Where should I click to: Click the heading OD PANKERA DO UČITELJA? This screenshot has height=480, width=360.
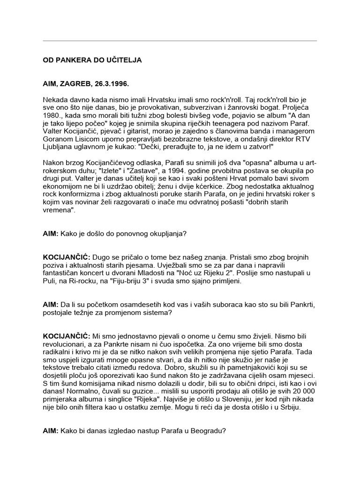[92, 60]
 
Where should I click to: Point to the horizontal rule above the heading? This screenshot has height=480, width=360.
[180, 41]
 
